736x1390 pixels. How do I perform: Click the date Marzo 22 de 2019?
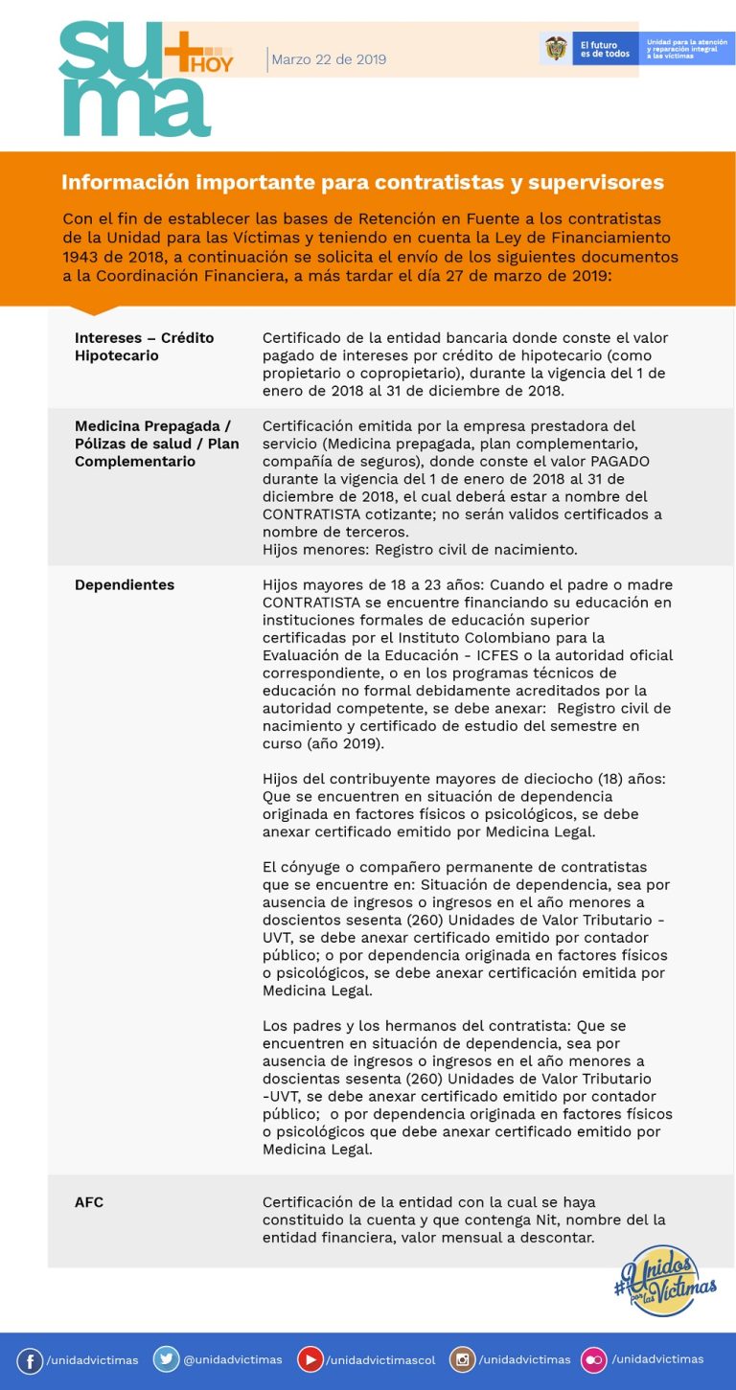(329, 59)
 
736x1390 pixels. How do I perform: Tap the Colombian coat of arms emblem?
(556, 48)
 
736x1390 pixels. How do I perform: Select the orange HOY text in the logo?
(213, 64)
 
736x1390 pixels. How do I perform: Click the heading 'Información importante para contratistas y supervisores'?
(362, 182)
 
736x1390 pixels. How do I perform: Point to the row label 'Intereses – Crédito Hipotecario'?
(144, 347)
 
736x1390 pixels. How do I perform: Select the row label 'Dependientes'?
(125, 584)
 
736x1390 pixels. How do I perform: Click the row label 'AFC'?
(89, 1202)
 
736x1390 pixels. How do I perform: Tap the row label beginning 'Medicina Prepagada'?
(156, 444)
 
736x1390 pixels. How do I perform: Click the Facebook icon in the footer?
(30, 1360)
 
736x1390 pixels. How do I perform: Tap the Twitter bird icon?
(166, 1359)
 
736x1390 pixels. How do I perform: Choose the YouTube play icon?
(310, 1359)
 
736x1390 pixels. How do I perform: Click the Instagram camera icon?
(463, 1359)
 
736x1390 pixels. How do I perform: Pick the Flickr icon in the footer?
(595, 1359)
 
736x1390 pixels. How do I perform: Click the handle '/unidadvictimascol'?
(380, 1360)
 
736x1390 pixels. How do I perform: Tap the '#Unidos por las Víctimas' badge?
(665, 1281)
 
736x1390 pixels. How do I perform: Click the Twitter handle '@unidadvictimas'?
(233, 1360)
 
